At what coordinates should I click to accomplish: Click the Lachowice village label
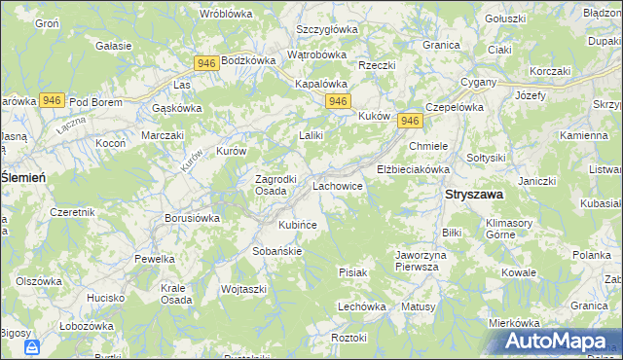point(337,184)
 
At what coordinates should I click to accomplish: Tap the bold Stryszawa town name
point(474,195)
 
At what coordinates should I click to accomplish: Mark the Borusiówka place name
point(192,219)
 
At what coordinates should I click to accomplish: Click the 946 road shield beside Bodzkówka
point(204,63)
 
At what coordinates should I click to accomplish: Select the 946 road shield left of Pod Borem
point(53,100)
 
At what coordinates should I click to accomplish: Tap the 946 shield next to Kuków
point(410,121)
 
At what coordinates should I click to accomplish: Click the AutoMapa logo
point(559,342)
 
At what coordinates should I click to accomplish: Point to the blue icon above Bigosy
point(32,347)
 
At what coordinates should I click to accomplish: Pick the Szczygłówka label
point(327,29)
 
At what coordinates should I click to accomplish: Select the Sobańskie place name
point(279,250)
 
